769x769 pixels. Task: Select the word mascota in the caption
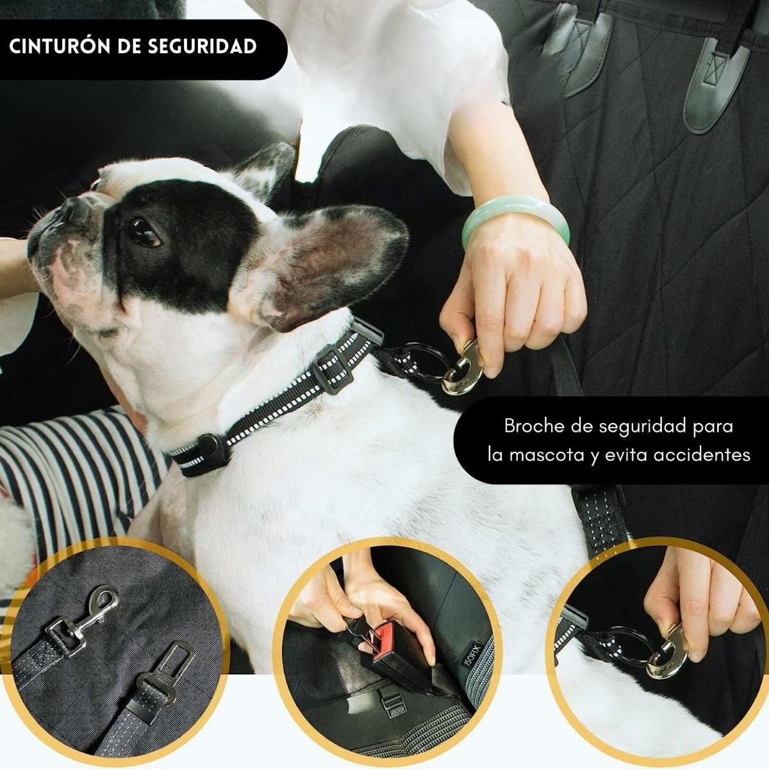[557, 455]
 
